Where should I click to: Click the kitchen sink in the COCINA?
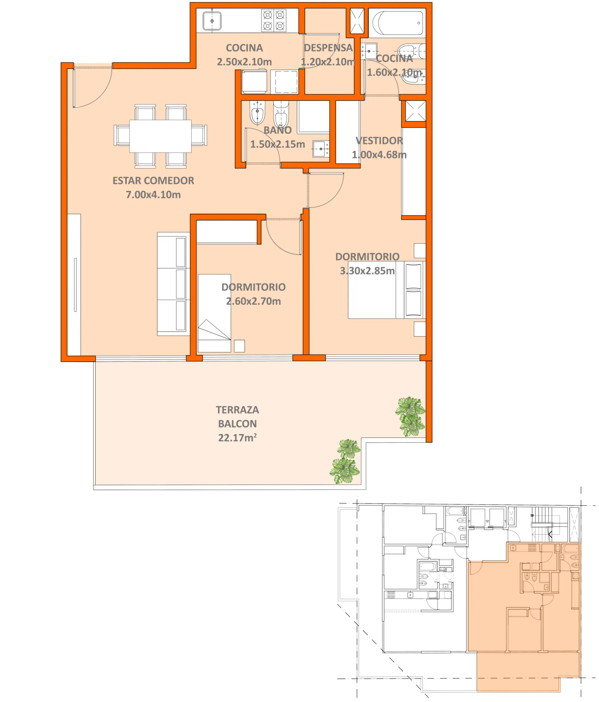[212, 21]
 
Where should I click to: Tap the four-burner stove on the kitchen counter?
[274, 21]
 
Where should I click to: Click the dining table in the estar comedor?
[160, 136]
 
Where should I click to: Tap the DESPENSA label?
[328, 48]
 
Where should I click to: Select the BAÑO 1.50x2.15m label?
[277, 137]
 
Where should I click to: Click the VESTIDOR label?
[379, 141]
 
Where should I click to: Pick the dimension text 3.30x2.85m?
[367, 271]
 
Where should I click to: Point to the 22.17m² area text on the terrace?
[237, 438]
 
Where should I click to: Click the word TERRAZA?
[237, 410]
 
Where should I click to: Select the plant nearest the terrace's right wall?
[410, 416]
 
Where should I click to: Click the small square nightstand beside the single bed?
[239, 346]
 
